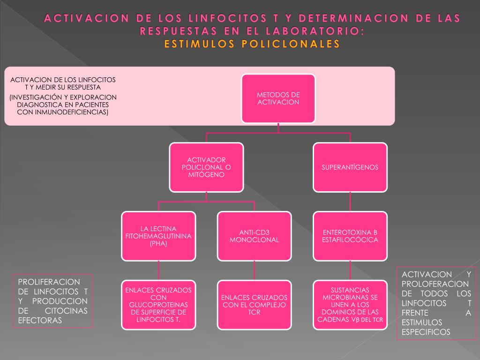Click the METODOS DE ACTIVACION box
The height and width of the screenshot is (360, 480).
(x=278, y=98)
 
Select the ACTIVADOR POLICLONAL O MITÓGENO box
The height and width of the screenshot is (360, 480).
(x=206, y=167)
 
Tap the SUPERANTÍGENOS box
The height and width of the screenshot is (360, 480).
(x=350, y=167)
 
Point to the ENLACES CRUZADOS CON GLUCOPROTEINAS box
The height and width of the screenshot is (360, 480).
(x=158, y=305)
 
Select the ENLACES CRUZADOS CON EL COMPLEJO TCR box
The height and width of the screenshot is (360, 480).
(x=254, y=305)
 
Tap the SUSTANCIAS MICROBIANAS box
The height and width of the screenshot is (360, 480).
(x=350, y=305)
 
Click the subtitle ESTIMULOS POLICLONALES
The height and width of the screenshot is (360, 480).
(x=252, y=44)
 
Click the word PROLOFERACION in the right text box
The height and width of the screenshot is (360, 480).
(x=435, y=284)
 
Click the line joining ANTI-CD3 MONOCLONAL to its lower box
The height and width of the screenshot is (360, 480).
(x=254, y=270)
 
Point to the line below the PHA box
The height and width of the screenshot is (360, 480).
(x=158, y=270)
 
